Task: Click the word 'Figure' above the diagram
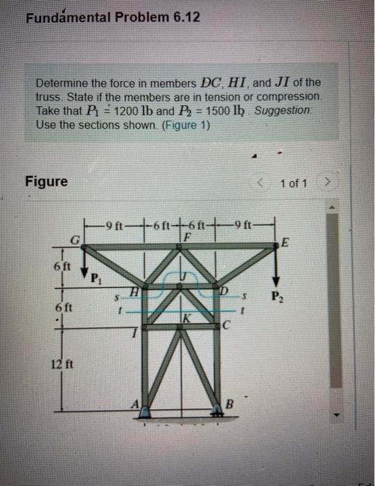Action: click(x=46, y=182)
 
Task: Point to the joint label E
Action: click(x=286, y=243)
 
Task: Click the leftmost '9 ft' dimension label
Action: click(x=114, y=224)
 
